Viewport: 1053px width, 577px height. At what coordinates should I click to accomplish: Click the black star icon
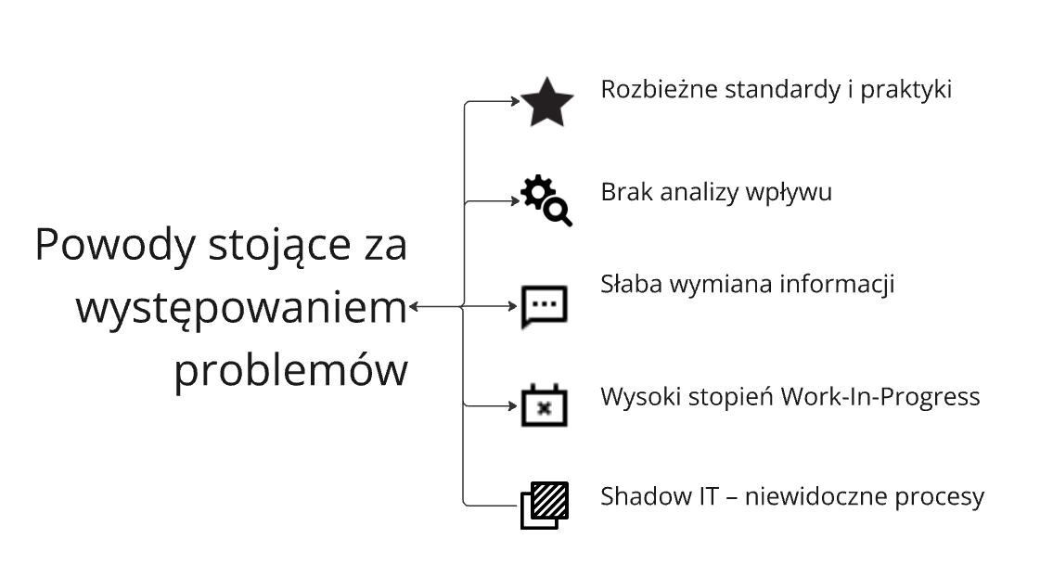pos(546,102)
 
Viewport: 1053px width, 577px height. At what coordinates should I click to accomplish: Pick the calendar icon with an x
pos(544,404)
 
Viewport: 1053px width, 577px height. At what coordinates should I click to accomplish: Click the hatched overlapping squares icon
pos(544,505)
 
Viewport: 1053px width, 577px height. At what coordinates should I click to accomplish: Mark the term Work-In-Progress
pos(880,397)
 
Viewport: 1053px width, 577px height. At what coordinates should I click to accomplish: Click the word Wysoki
pos(636,397)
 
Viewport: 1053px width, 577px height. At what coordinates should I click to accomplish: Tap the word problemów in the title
pos(291,371)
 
